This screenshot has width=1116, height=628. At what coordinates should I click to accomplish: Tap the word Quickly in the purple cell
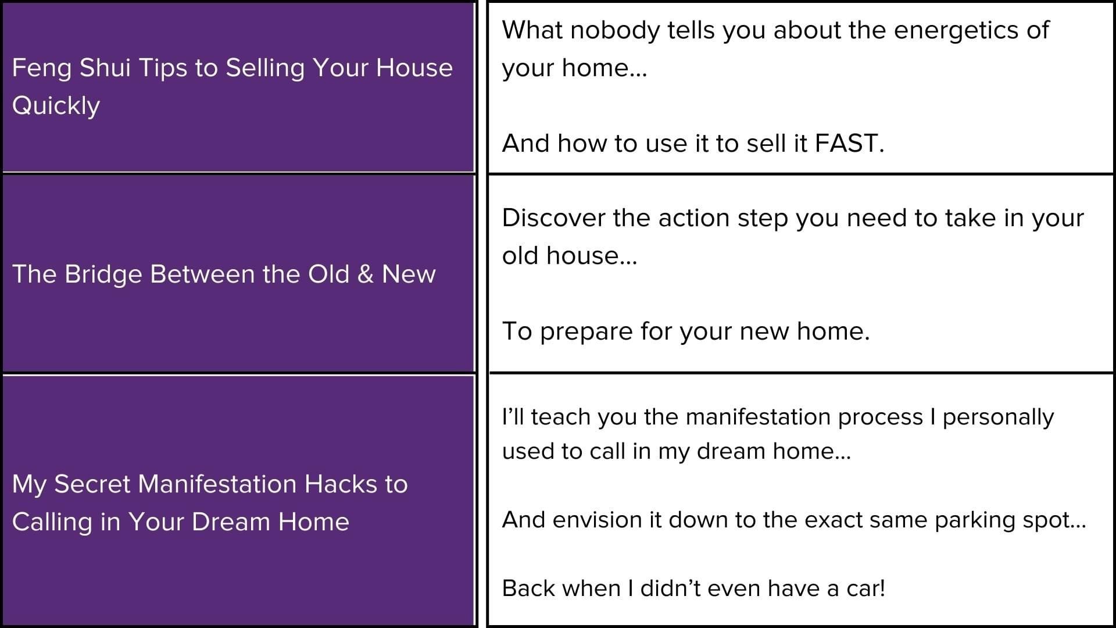[56, 106]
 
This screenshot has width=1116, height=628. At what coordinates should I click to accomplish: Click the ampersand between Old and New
[366, 274]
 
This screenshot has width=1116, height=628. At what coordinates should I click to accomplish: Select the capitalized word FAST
[849, 144]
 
